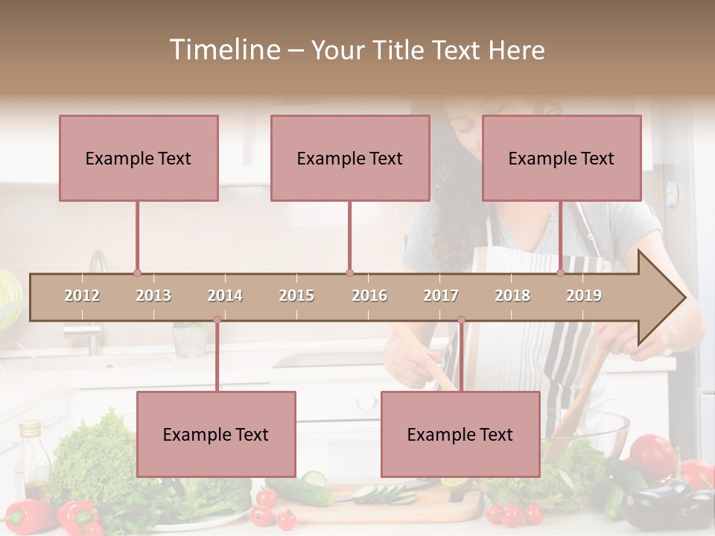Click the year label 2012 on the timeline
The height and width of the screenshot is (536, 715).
tap(82, 296)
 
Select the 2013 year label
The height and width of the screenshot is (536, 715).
tap(153, 296)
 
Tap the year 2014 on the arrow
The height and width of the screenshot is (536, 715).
tap(225, 296)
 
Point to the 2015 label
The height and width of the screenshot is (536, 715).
tap(296, 296)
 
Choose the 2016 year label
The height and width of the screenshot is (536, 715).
tap(369, 296)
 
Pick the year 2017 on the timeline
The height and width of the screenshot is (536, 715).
tap(441, 296)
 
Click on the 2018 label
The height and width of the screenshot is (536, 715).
tap(512, 296)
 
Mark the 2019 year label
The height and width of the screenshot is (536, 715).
tap(584, 296)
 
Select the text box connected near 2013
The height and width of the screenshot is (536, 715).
tap(139, 158)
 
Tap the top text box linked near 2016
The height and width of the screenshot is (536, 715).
tap(350, 158)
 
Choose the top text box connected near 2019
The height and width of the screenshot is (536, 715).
tap(562, 158)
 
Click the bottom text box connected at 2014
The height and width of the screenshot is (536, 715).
tap(216, 434)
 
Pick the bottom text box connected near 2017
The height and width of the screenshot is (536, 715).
tap(460, 434)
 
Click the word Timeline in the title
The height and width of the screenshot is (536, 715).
tap(223, 50)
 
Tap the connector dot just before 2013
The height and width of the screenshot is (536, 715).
tap(137, 273)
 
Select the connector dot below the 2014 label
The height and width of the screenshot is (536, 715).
tap(217, 320)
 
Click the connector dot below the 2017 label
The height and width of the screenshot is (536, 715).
tap(461, 320)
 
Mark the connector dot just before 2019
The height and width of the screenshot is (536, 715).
tap(560, 273)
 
